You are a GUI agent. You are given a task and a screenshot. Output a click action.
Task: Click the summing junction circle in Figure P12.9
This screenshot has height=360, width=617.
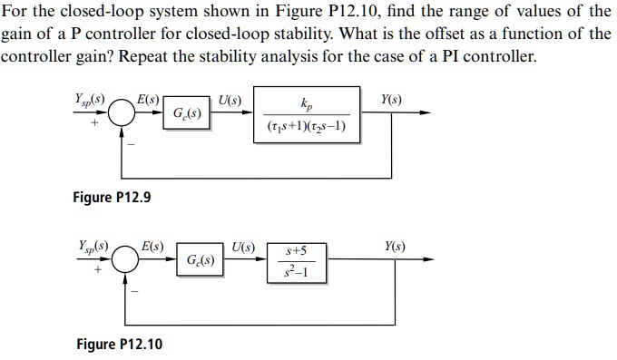pyautogui.click(x=122, y=113)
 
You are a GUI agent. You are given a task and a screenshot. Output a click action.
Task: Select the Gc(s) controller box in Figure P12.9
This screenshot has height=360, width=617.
pyautogui.click(x=188, y=113)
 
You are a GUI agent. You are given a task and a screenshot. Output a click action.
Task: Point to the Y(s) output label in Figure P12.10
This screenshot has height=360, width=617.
pyautogui.click(x=395, y=246)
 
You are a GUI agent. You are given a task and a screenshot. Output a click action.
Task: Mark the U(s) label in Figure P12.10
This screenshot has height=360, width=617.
pyautogui.click(x=243, y=246)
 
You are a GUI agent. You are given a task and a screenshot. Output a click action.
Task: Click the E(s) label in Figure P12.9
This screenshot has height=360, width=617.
pyautogui.click(x=148, y=98)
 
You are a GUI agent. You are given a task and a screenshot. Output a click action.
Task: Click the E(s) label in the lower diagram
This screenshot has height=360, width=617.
pyautogui.click(x=152, y=246)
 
